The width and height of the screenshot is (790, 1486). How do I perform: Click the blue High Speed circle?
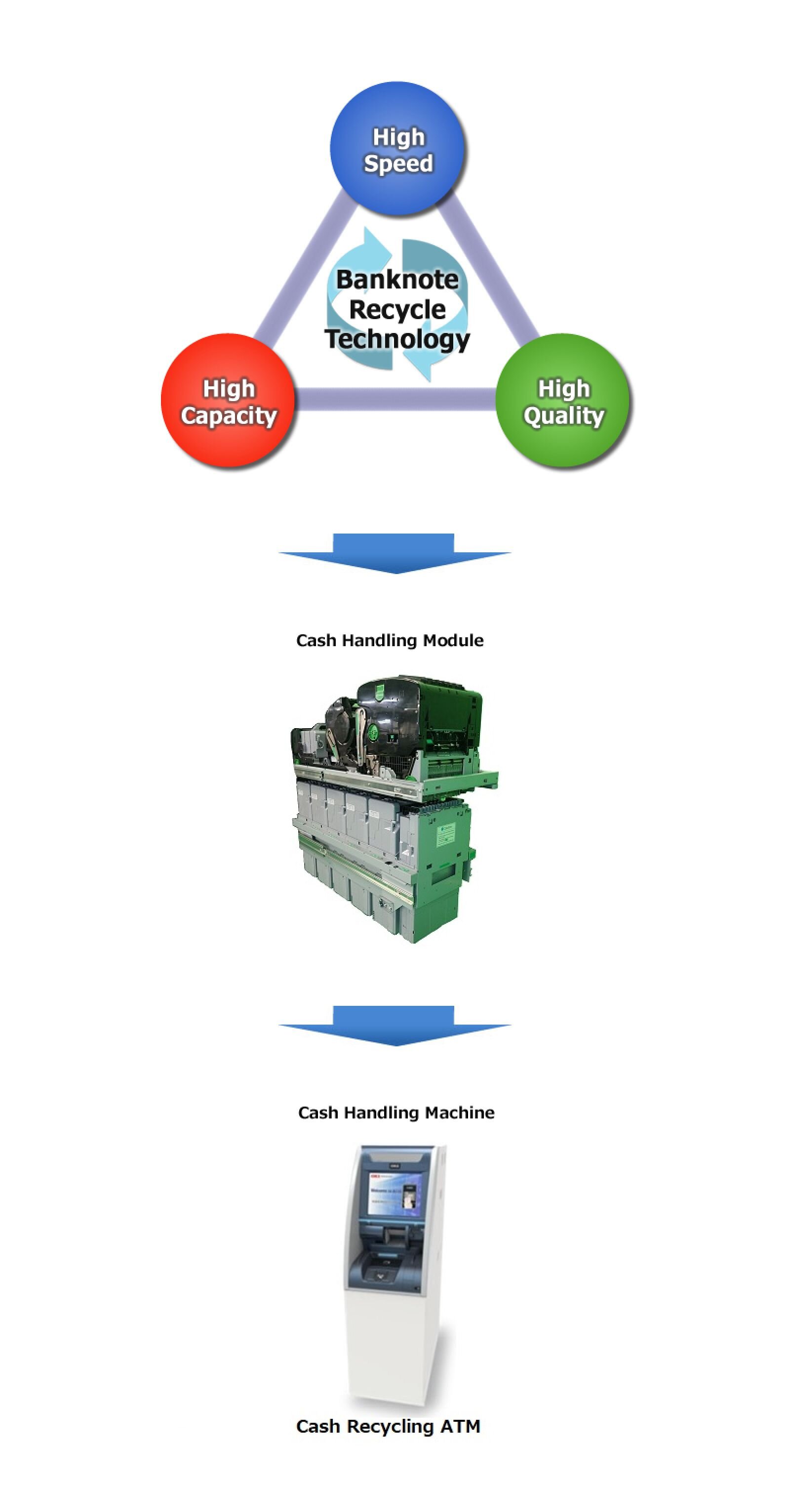[397, 149]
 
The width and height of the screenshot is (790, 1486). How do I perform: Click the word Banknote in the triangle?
[397, 280]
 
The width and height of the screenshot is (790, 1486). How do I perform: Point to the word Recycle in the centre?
[397, 310]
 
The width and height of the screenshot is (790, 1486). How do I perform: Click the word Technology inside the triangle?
[397, 338]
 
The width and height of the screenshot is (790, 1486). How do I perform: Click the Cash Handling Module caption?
[390, 640]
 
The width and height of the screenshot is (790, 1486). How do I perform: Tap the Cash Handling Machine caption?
[396, 1113]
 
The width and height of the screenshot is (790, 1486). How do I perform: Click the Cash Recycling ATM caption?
[388, 1427]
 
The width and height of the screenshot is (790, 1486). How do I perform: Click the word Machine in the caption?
[460, 1113]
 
